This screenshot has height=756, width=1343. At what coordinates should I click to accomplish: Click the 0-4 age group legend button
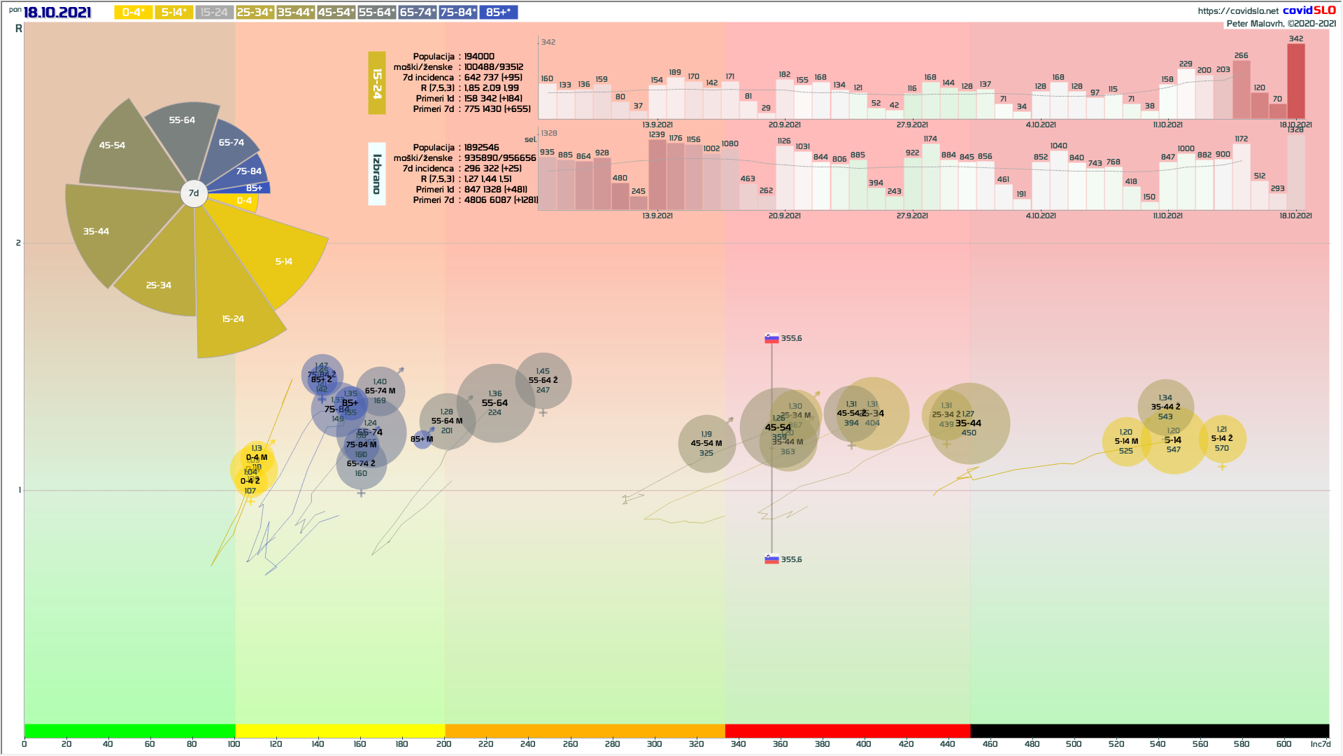tap(133, 12)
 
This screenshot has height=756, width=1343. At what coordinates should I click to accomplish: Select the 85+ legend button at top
tap(498, 12)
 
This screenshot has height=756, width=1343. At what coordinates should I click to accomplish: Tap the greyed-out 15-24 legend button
tap(214, 12)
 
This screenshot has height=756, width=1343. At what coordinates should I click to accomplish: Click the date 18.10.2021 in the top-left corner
tap(57, 13)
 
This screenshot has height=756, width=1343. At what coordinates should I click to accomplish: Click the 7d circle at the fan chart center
tap(194, 193)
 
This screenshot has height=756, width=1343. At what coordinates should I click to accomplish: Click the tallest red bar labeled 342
tap(1295, 80)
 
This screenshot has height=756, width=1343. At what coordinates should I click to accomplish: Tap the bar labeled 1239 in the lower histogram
tap(657, 175)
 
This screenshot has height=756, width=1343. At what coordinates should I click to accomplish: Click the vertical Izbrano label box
tap(376, 174)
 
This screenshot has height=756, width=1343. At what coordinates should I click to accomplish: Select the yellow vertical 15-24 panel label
tap(376, 83)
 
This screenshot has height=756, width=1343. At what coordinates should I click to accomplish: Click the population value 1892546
tap(481, 148)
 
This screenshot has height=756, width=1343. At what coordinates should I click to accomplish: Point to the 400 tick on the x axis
tap(864, 743)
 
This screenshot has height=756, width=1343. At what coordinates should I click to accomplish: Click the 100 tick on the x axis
tap(234, 743)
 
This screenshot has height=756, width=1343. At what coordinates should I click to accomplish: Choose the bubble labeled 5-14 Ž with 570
tap(1222, 439)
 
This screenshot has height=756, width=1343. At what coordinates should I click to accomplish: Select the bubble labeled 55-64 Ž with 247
tap(543, 381)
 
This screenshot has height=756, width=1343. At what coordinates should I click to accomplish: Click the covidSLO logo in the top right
tap(1309, 10)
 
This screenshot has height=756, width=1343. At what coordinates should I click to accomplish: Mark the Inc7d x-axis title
tap(1320, 743)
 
